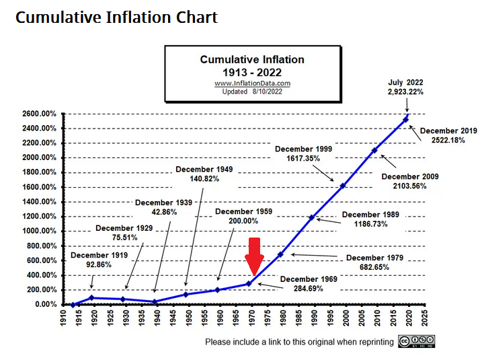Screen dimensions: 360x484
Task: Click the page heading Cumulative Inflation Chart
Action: pyautogui.click(x=116, y=17)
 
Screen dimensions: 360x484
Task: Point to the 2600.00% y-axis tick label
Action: pyautogui.click(x=38, y=114)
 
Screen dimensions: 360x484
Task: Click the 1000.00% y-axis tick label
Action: pyautogui.click(x=38, y=231)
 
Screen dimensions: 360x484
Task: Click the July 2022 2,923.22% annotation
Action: pyautogui.click(x=405, y=87)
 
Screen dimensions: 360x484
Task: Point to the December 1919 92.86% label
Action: pyautogui.click(x=98, y=260)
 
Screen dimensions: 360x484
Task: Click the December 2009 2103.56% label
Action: pyautogui.click(x=410, y=181)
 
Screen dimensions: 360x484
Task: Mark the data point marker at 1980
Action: pyautogui.click(x=280, y=254)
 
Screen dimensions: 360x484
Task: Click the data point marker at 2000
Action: pyautogui.click(x=343, y=186)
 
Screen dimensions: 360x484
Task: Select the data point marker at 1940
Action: pyautogui.click(x=155, y=301)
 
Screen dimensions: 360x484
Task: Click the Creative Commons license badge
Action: pyautogui.click(x=416, y=341)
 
